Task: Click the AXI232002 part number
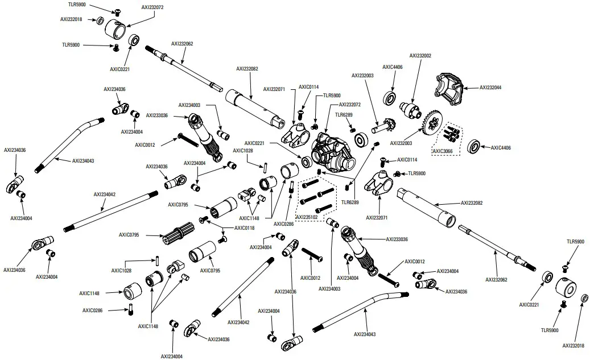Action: pyautogui.click(x=420, y=56)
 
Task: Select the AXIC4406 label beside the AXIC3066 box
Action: pyautogui.click(x=499, y=148)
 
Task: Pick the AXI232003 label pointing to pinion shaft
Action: pyautogui.click(x=362, y=75)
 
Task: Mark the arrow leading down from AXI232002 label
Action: pyautogui.click(x=418, y=80)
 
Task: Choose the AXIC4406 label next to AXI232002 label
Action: pyautogui.click(x=392, y=67)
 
